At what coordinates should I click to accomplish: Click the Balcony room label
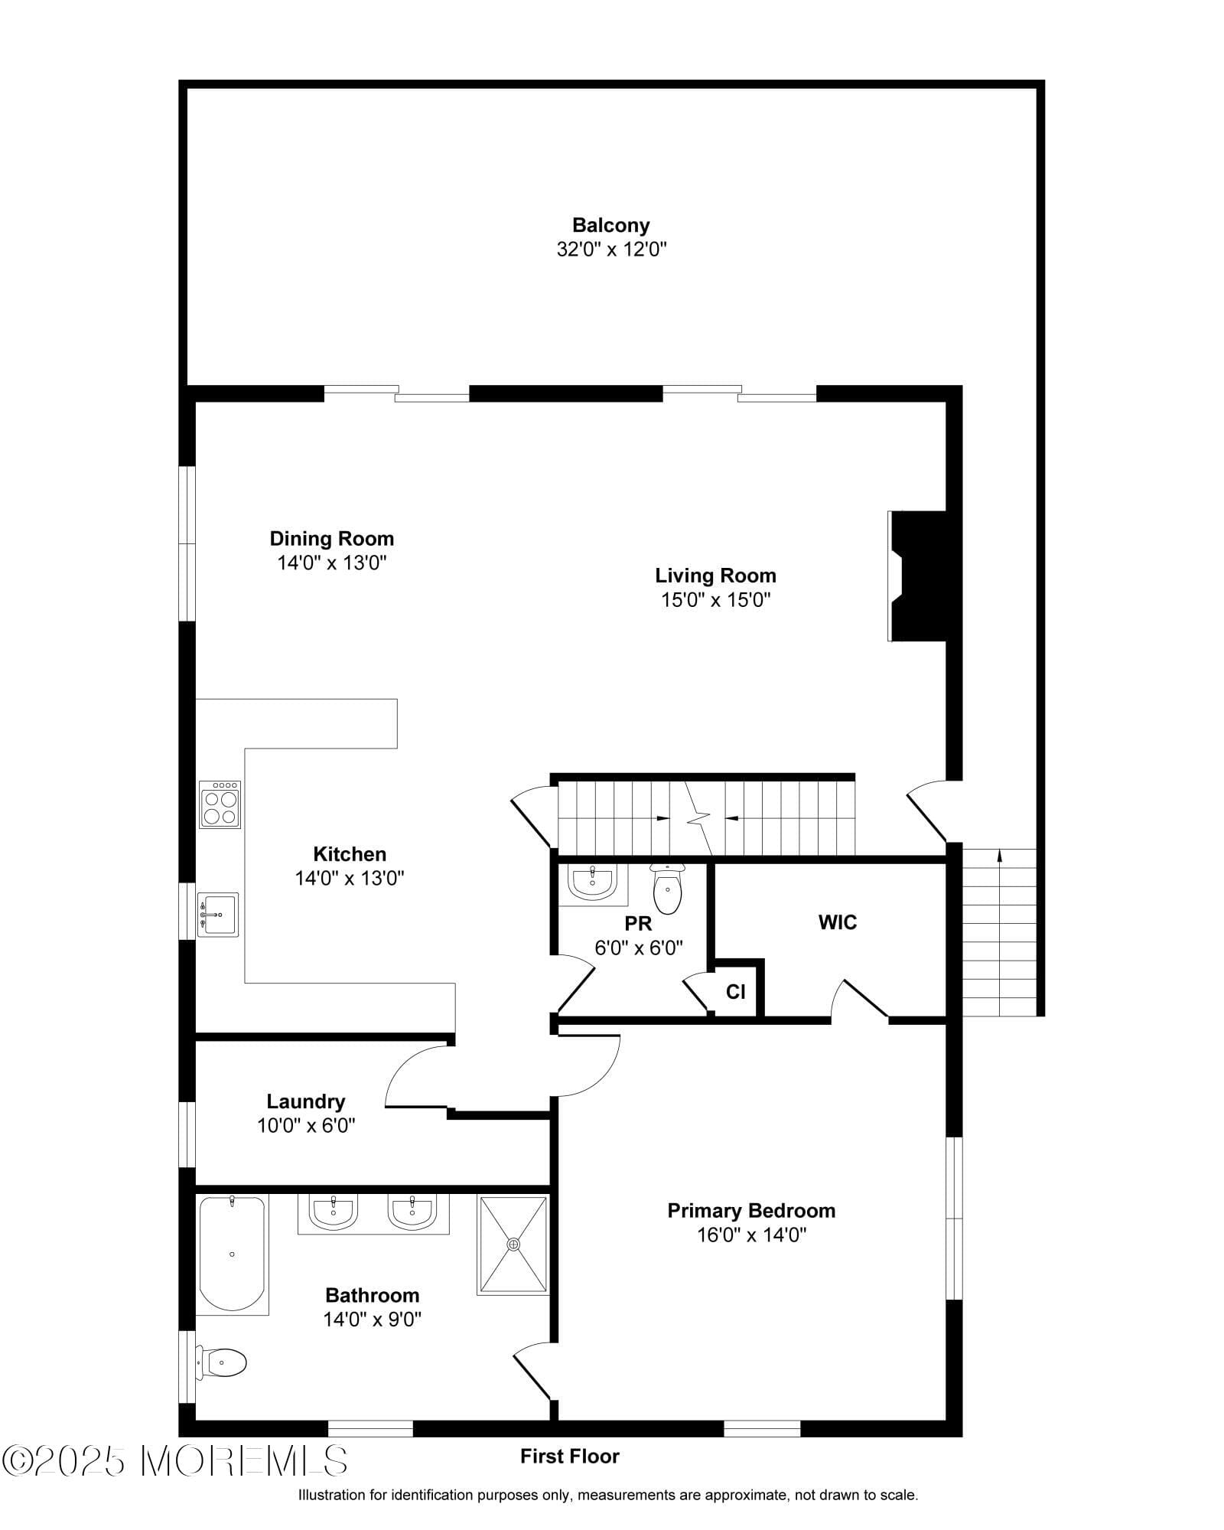pyautogui.click(x=610, y=225)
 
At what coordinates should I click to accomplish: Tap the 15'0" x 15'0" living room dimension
pyautogui.click(x=715, y=600)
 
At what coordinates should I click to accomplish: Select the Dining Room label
pyautogui.click(x=331, y=538)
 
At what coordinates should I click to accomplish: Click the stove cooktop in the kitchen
pyautogui.click(x=220, y=804)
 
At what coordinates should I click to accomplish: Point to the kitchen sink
pyautogui.click(x=218, y=915)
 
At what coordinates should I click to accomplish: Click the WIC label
pyautogui.click(x=837, y=922)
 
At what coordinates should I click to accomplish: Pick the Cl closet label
pyautogui.click(x=735, y=992)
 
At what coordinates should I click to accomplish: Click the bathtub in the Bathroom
pyautogui.click(x=232, y=1254)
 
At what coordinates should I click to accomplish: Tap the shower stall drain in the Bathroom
pyautogui.click(x=513, y=1245)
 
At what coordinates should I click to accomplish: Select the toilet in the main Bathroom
pyautogui.click(x=222, y=1363)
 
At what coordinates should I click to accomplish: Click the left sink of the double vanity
pyautogui.click(x=333, y=1212)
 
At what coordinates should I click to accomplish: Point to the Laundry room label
pyautogui.click(x=305, y=1101)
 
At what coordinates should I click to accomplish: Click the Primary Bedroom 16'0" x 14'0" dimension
pyautogui.click(x=751, y=1235)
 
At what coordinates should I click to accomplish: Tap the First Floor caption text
pyautogui.click(x=569, y=1457)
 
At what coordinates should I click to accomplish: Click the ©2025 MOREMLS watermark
pyautogui.click(x=174, y=1461)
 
